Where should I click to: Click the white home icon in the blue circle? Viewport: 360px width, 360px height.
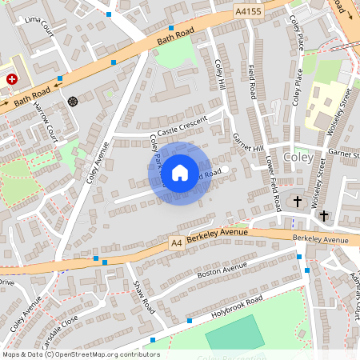click(180, 172)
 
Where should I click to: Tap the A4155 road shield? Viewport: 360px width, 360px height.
click(249, 12)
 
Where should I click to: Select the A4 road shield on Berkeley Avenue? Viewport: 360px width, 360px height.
click(177, 241)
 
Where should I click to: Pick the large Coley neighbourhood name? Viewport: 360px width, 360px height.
click(298, 158)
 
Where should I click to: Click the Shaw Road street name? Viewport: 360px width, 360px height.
click(142, 295)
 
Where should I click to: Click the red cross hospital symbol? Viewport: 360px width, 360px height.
click(12, 80)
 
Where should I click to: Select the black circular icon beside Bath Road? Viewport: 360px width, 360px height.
click(74, 101)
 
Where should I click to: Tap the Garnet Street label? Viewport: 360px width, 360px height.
click(343, 151)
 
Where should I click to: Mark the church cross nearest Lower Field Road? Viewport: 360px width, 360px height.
click(298, 201)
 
